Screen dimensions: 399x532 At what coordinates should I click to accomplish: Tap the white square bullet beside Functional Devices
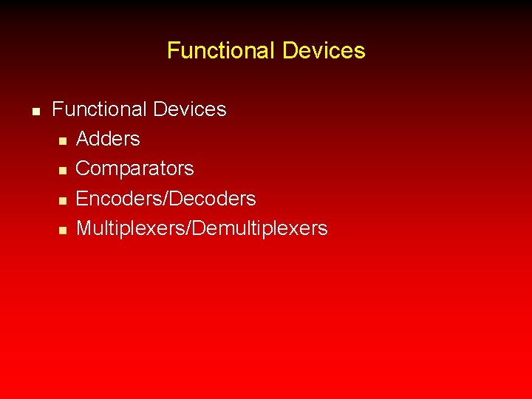pos(35,111)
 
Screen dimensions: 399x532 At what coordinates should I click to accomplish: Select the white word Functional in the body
pos(99,109)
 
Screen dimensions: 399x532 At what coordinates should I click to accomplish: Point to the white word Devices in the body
pos(189,109)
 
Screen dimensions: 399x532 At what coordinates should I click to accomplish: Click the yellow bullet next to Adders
pos(63,140)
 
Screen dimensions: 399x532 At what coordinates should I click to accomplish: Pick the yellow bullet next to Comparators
pos(63,171)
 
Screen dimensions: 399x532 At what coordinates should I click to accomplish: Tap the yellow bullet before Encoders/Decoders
pos(63,200)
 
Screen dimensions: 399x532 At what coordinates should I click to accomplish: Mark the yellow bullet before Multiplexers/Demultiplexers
pos(63,231)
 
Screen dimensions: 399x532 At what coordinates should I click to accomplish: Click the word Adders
pos(108,139)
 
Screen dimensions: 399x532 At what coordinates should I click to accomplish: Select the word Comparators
pos(135,169)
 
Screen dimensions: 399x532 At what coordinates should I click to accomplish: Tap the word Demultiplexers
pos(259,229)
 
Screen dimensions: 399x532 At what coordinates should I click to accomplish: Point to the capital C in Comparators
pos(83,169)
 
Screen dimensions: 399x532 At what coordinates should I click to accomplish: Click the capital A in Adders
pos(83,139)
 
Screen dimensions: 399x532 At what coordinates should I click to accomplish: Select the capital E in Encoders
pos(82,199)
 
